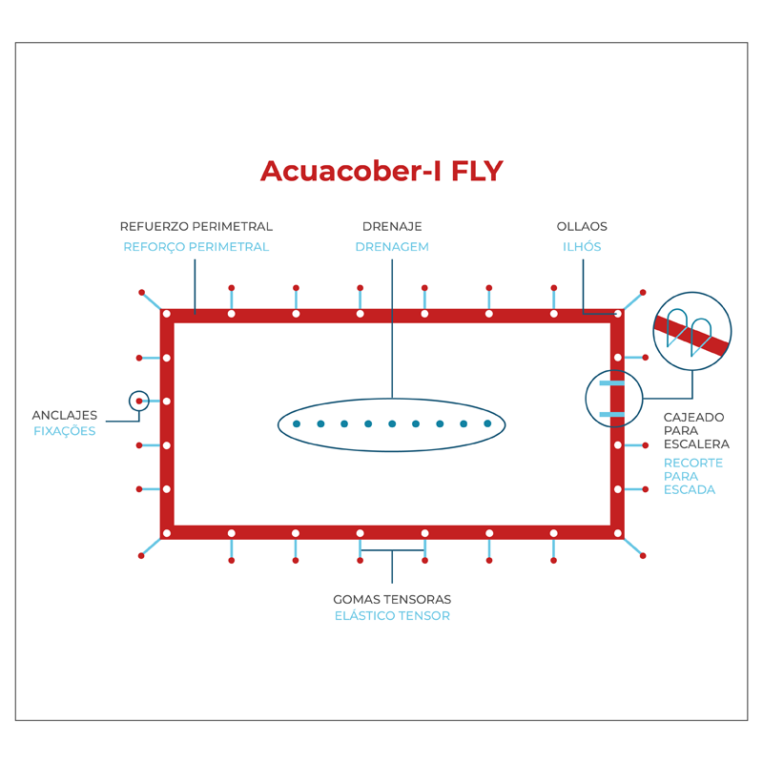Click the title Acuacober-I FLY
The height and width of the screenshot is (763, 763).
(381, 171)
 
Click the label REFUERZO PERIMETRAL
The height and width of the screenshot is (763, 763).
(196, 227)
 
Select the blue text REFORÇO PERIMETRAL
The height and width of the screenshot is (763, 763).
(196, 247)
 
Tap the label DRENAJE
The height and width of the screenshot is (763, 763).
(392, 227)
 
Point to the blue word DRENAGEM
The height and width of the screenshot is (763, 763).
(392, 247)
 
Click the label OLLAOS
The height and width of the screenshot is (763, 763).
(582, 227)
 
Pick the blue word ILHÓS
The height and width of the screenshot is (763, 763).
(582, 247)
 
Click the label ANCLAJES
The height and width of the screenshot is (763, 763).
(65, 416)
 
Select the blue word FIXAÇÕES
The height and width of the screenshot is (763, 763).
(65, 431)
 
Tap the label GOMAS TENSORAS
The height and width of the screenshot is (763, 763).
(392, 600)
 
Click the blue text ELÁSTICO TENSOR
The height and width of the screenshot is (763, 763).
(392, 616)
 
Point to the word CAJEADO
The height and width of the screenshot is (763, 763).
(693, 418)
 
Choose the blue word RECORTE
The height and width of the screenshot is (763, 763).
(693, 464)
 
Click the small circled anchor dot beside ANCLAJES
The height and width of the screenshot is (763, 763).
(139, 401)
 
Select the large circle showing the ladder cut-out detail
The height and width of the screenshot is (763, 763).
(692, 331)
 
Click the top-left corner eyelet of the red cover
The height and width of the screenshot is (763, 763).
(167, 314)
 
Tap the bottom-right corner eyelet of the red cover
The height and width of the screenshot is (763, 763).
(618, 533)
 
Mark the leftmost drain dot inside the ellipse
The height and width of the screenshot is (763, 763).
(297, 423)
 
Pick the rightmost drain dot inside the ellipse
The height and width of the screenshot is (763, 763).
(487, 423)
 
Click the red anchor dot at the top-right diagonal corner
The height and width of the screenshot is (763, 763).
(643, 292)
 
